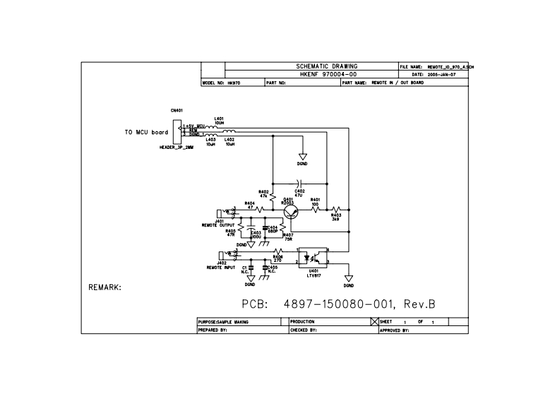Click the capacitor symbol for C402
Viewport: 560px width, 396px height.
click(299, 182)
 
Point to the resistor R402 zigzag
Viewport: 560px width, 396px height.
click(272, 198)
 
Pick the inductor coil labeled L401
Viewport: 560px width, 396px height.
click(210, 126)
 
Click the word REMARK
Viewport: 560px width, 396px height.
click(105, 288)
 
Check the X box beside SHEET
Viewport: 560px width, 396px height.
click(375, 321)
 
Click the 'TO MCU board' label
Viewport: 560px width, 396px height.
click(146, 132)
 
